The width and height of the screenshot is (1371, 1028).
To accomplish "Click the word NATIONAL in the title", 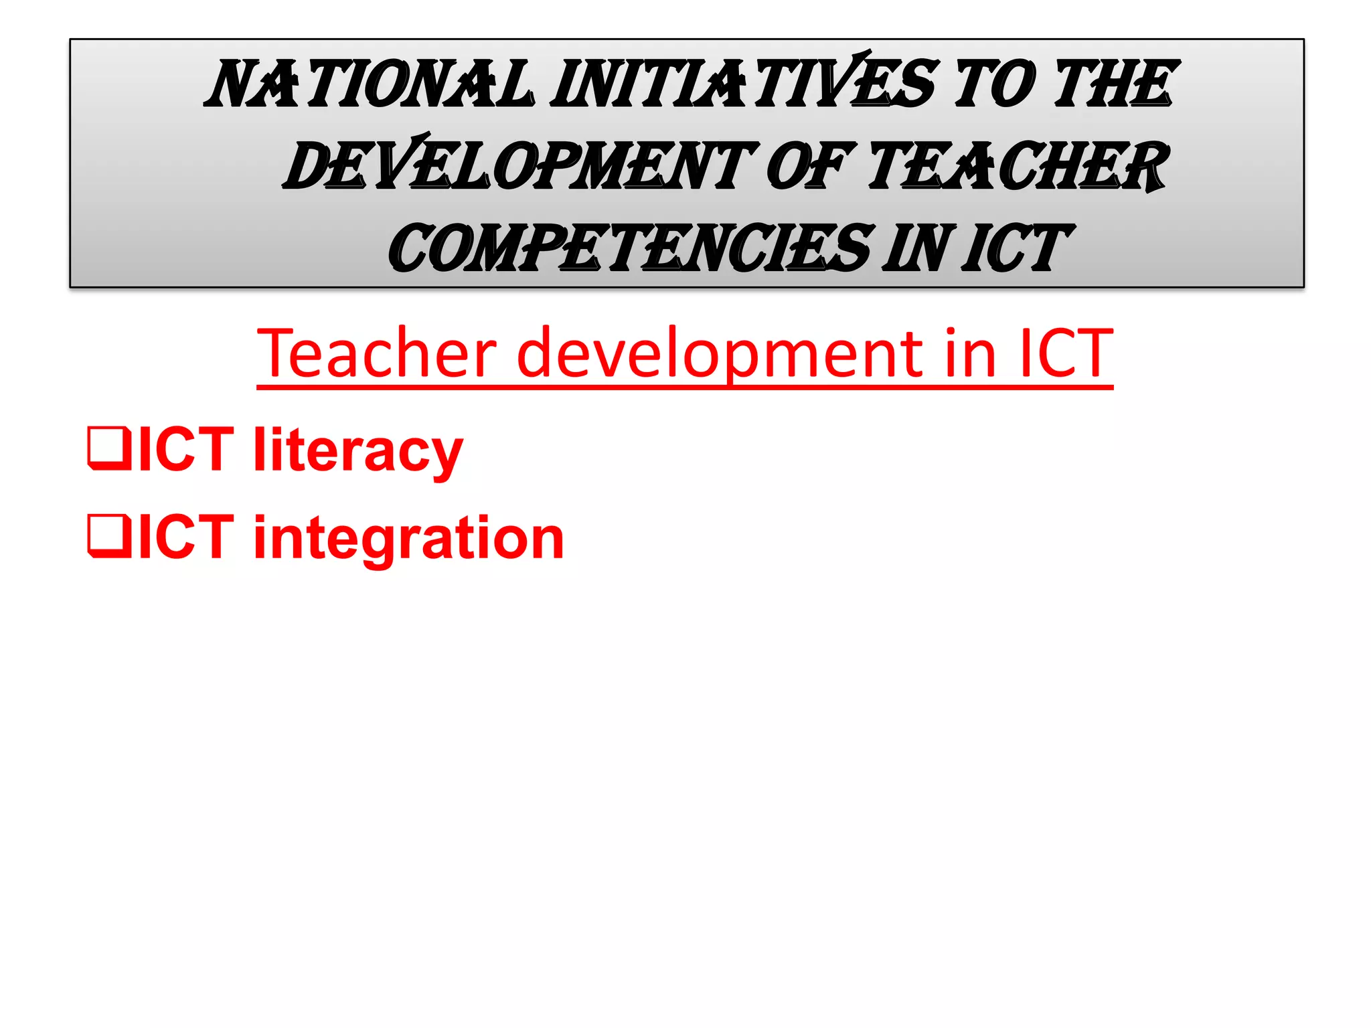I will (x=370, y=84).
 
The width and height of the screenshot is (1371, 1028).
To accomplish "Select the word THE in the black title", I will (x=1113, y=84).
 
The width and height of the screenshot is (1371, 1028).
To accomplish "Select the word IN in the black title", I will (x=918, y=249).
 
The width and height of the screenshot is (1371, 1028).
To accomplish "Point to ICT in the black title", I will (x=1014, y=249).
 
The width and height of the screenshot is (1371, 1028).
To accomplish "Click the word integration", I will (x=409, y=539).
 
